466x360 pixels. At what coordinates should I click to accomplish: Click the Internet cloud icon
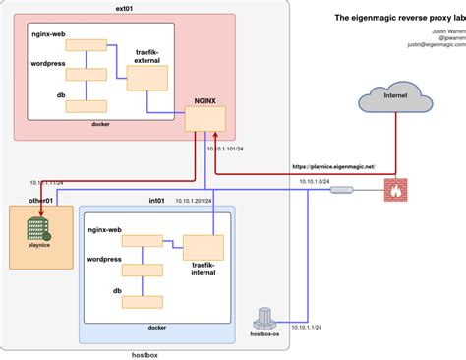tap(395, 97)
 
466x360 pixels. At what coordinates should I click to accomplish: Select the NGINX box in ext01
tap(205, 116)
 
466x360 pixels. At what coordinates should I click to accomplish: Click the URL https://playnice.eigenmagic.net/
tap(332, 169)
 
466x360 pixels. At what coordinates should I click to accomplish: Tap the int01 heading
tap(156, 200)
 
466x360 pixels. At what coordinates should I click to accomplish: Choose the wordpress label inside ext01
tap(49, 62)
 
